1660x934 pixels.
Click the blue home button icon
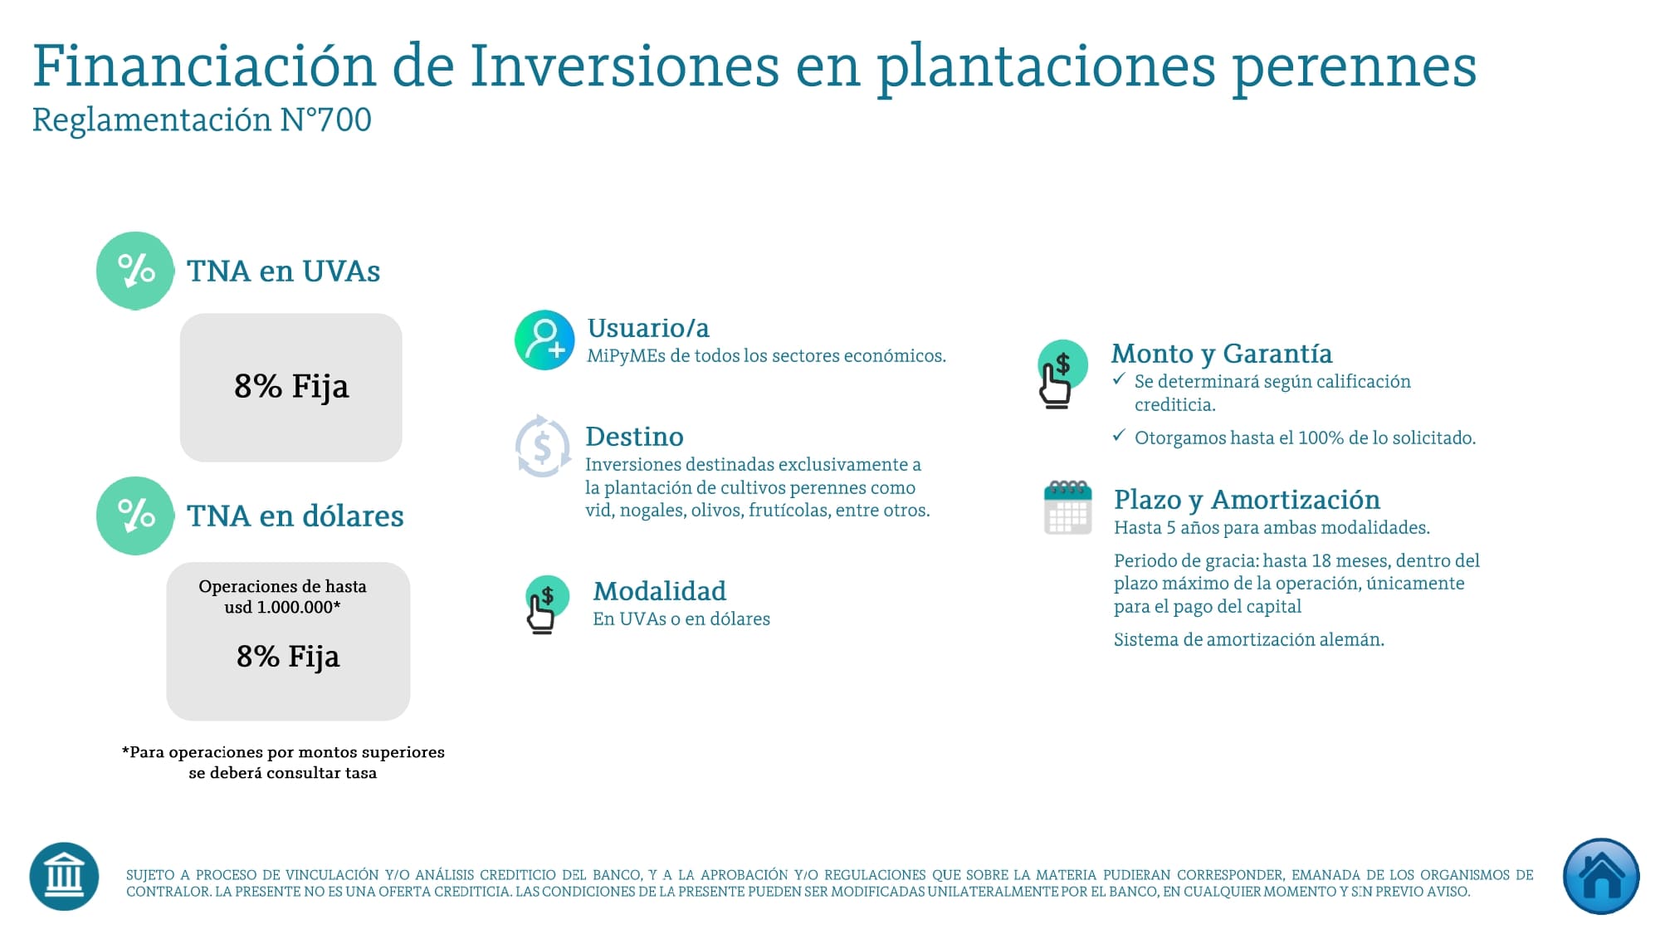click(x=1600, y=876)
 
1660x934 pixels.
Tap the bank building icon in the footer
click(x=64, y=876)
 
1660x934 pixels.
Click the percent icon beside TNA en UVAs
click(x=135, y=271)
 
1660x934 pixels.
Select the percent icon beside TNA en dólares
click(x=135, y=516)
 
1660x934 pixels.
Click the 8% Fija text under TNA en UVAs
click(x=291, y=386)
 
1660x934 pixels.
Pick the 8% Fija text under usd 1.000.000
click(x=288, y=656)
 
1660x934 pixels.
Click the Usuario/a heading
click(x=648, y=328)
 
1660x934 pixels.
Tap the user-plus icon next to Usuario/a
click(x=544, y=340)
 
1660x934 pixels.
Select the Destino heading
click(x=634, y=437)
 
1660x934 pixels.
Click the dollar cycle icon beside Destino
click(x=543, y=447)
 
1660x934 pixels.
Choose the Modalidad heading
click(x=659, y=591)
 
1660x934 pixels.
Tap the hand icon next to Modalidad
click(x=545, y=604)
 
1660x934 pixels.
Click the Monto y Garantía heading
click(x=1222, y=354)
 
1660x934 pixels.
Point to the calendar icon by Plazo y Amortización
click(x=1067, y=507)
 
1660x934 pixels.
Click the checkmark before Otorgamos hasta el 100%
click(x=1119, y=435)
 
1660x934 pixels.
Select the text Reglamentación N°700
click(x=202, y=120)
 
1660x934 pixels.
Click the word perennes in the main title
click(x=1355, y=66)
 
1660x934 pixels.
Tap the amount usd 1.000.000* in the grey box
click(x=282, y=607)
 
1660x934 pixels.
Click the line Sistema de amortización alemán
click(x=1248, y=639)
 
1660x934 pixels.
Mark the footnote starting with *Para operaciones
click(x=283, y=762)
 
